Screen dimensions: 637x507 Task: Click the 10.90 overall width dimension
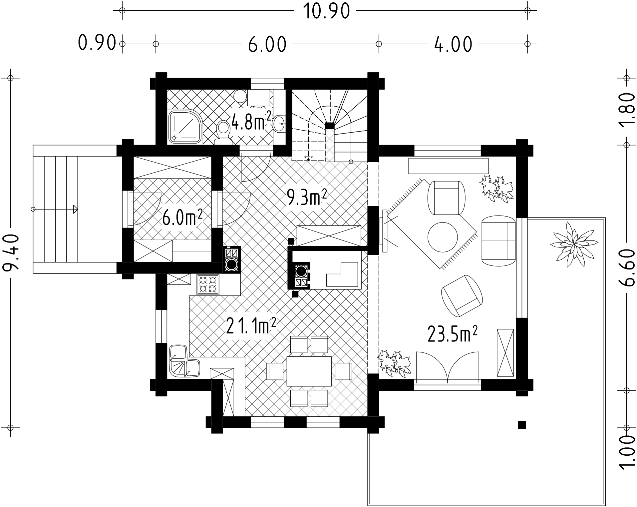tap(326, 11)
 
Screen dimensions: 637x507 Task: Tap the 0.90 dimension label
tap(97, 43)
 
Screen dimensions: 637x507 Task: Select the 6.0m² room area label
tap(182, 218)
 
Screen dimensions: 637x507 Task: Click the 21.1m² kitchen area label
tap(251, 325)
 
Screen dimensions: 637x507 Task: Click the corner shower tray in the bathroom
tap(185, 127)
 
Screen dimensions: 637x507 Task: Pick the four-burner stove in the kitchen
tap(208, 285)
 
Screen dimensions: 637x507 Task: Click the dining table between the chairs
tap(309, 371)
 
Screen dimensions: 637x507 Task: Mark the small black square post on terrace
tap(522, 425)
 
